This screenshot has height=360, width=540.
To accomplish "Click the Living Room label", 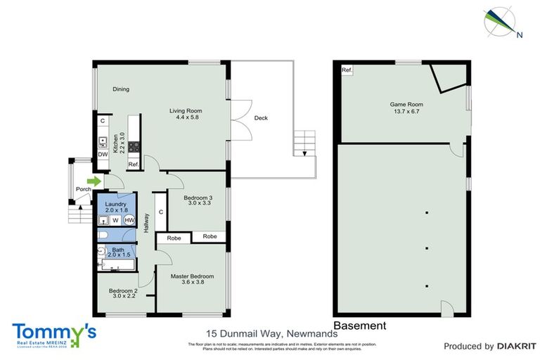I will tap(186, 110).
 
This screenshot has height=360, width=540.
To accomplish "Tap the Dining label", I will tap(121, 89).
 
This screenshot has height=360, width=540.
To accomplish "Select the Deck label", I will tap(261, 118).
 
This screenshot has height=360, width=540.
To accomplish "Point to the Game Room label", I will tap(405, 105).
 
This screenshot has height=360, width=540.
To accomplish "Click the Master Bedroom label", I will tap(192, 276).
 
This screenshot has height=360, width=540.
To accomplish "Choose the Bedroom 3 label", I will tap(198, 198).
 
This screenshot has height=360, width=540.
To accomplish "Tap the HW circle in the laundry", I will tap(129, 219).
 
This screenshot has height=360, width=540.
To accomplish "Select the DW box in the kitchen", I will tap(103, 155).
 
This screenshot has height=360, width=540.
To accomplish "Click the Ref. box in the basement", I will tap(347, 71).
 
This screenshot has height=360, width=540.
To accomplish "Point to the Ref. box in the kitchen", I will tap(133, 164).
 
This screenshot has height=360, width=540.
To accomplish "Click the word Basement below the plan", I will tap(359, 326).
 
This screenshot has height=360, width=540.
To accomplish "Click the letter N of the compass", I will tap(520, 34).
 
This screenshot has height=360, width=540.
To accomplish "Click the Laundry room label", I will tap(116, 204).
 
